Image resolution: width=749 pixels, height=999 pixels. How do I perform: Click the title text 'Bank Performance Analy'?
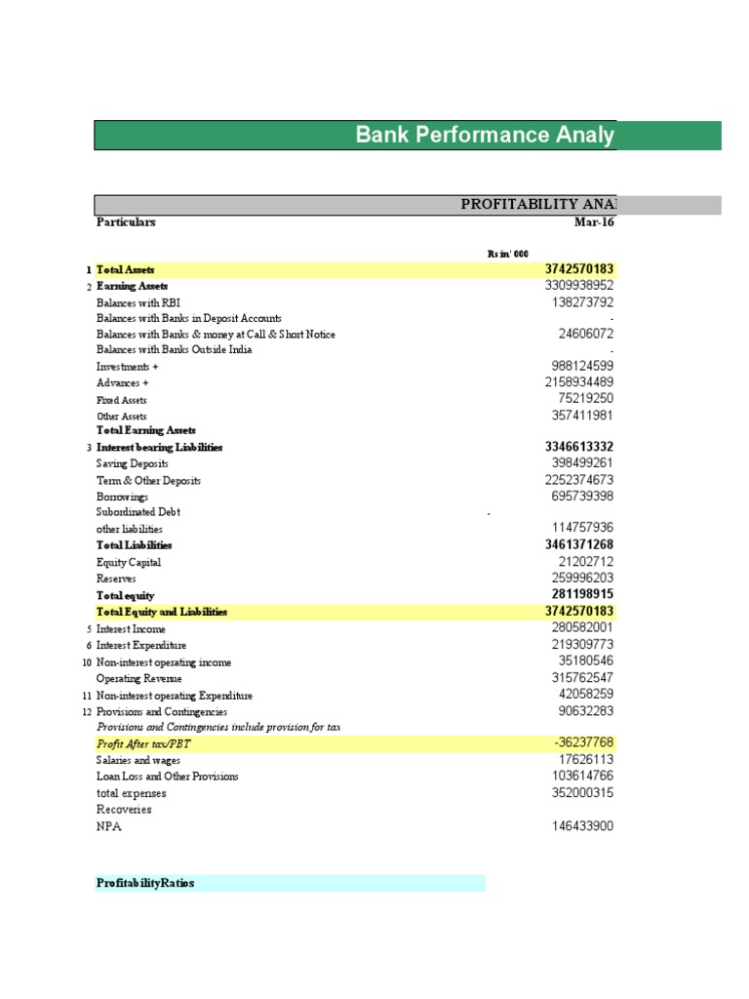click(485, 135)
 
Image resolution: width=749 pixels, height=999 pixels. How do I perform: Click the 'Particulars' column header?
click(126, 221)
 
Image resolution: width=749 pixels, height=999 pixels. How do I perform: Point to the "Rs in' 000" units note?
click(507, 254)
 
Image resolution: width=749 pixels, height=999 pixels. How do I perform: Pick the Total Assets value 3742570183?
click(579, 269)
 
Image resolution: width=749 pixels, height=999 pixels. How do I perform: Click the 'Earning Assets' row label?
click(132, 286)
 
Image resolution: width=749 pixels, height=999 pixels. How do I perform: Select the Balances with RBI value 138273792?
click(582, 302)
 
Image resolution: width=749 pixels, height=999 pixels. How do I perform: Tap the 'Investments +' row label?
click(127, 367)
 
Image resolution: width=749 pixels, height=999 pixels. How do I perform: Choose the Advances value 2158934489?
click(579, 382)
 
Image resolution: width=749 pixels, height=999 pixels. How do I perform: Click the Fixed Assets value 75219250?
click(586, 398)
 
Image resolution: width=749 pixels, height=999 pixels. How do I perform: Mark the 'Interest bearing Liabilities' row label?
click(159, 447)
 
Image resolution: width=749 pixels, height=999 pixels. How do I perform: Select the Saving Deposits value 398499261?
click(582, 463)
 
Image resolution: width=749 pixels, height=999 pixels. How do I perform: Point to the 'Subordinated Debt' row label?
click(138, 512)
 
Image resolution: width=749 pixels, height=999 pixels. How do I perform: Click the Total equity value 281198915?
click(582, 594)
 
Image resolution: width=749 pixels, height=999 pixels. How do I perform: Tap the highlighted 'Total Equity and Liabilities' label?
click(161, 612)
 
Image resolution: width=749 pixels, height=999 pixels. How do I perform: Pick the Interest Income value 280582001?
click(582, 628)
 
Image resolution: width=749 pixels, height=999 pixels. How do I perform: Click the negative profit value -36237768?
click(584, 742)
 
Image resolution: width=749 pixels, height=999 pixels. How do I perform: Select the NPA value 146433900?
click(582, 826)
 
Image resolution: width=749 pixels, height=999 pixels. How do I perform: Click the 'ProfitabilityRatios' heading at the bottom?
click(145, 883)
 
